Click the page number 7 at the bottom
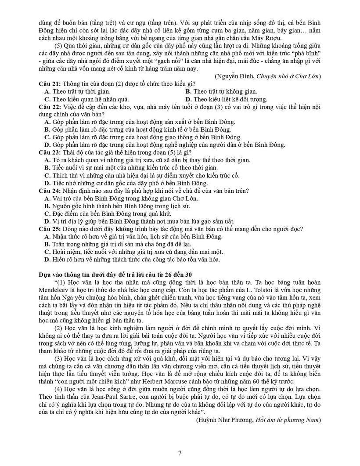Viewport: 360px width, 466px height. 180,453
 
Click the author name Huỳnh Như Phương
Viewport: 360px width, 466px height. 221,420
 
